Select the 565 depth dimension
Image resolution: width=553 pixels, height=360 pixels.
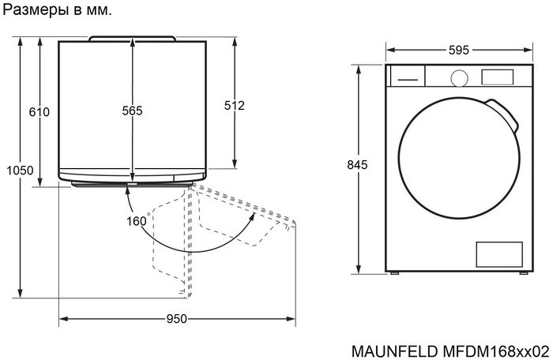coord(132,112)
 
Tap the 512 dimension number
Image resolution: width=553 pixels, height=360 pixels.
coord(235,106)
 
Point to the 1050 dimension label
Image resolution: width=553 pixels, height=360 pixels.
coord(19,171)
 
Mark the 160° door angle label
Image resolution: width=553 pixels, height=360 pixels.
coord(137,221)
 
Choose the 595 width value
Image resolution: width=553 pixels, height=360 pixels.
coord(458,50)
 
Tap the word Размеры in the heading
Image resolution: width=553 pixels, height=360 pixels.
coord(32,11)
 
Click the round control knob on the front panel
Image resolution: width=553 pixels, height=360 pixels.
coord(457,77)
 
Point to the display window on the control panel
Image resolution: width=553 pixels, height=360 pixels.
coord(498,77)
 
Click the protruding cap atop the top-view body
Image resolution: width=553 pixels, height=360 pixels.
coord(132,37)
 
